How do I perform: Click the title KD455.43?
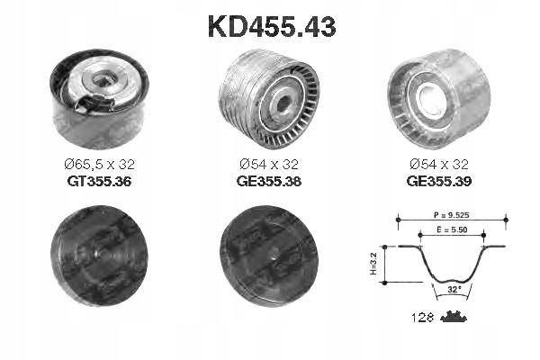[x=272, y=27]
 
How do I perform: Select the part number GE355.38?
[x=270, y=181]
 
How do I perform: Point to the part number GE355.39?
[x=437, y=181]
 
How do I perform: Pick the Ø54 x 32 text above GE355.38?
[x=270, y=165]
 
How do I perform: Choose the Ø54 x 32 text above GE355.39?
[x=437, y=165]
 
